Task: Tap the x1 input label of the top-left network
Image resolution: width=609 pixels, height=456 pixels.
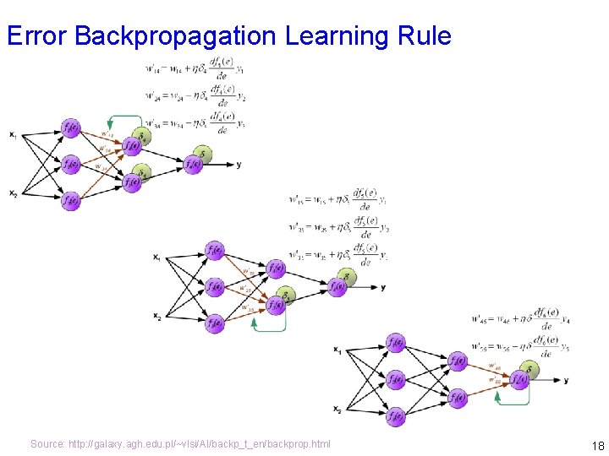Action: point(13,134)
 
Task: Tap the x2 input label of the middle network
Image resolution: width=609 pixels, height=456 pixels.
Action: point(156,317)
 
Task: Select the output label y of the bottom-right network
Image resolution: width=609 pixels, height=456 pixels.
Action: point(566,381)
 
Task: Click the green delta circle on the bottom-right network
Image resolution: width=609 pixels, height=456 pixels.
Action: point(529,369)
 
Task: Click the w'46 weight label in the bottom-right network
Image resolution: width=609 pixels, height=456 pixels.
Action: point(494,366)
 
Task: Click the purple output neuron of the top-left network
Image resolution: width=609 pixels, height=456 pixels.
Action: point(193,165)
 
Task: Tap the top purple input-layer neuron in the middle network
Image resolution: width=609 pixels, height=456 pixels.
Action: point(215,250)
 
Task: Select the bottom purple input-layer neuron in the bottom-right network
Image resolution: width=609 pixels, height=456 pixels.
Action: point(395,416)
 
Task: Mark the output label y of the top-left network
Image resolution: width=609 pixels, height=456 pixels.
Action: point(239,165)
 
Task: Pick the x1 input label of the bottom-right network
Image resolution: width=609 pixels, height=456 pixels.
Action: point(337,349)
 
